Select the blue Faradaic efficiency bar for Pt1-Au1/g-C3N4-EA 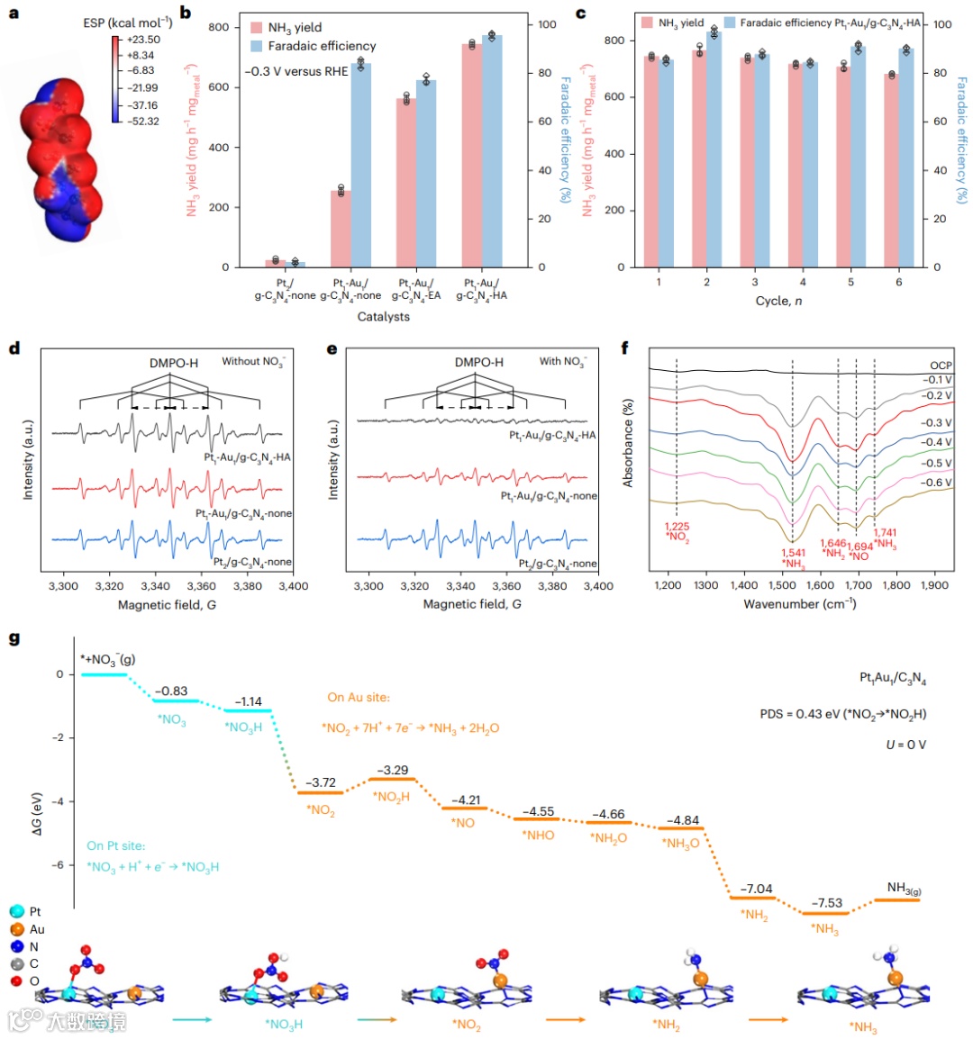(426, 174)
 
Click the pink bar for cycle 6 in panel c (891, 170)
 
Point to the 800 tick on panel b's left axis (218, 27)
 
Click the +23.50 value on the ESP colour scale (144, 40)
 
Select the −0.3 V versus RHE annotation (296, 72)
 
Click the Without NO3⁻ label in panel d (253, 362)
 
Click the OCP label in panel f (941, 366)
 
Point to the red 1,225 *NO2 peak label (677, 532)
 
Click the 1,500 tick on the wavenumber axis (783, 586)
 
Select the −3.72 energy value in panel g (320, 782)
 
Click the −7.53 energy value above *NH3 (826, 903)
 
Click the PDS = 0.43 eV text (842, 714)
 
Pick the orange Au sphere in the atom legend (15, 929)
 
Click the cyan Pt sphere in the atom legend (15, 912)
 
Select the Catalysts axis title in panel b (383, 317)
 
